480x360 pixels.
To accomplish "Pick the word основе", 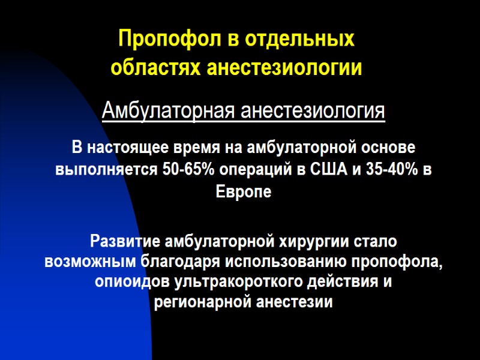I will (385, 148).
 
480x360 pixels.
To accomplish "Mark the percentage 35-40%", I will (385, 170).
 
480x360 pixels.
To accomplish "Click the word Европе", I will (243, 193).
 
